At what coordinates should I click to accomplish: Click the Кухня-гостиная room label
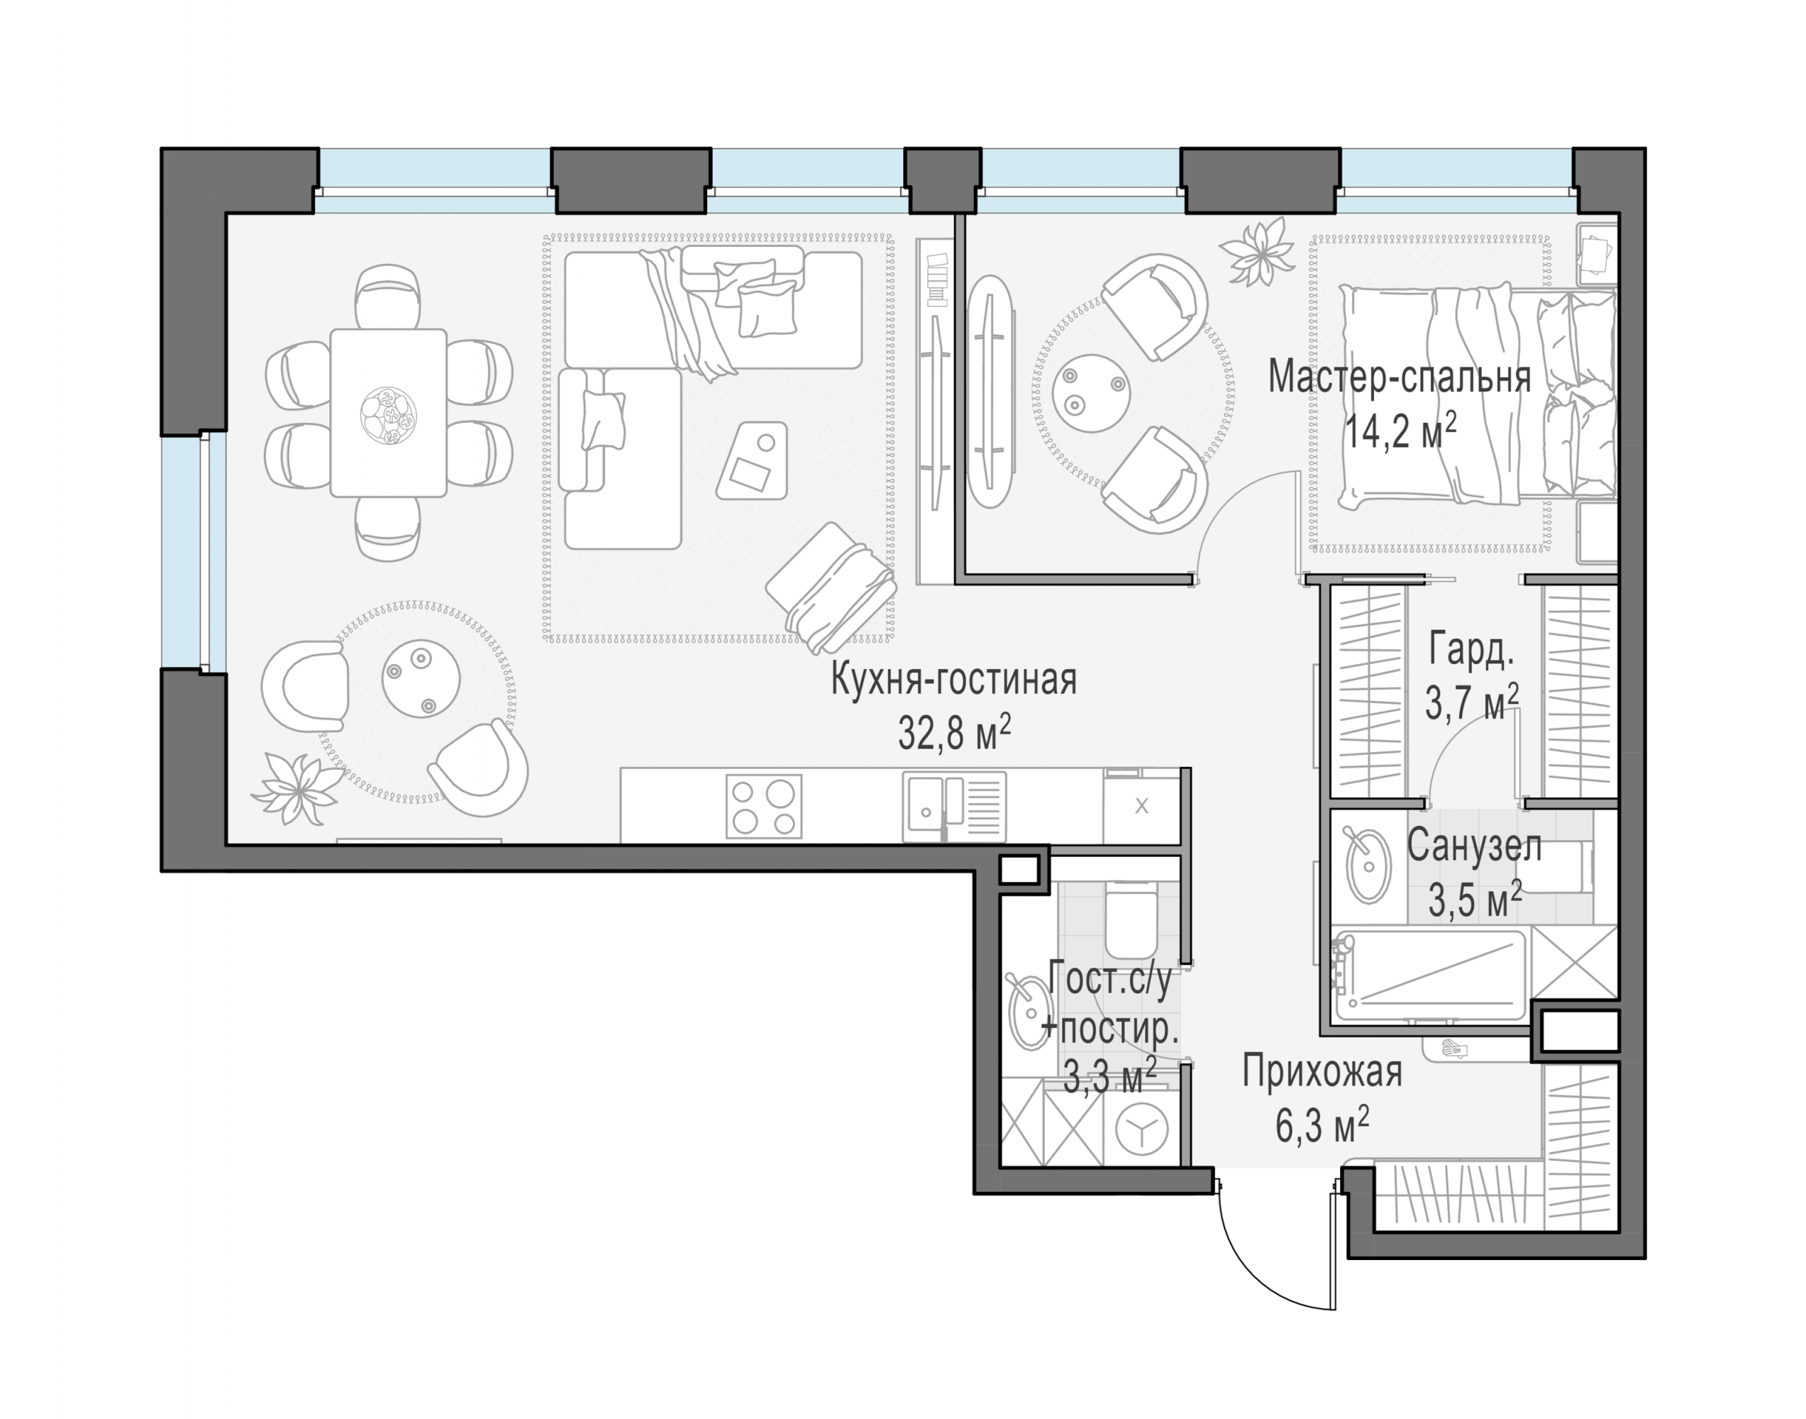pos(953,680)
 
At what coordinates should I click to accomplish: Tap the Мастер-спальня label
pos(1400,377)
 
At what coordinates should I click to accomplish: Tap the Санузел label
pos(1475,846)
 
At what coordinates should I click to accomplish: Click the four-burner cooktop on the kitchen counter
pos(764,806)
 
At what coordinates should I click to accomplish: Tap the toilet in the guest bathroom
pos(1131,919)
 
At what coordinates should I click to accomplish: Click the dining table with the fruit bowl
pos(389,413)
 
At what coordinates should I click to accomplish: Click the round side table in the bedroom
pos(1091,392)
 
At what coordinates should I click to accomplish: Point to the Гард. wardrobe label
pos(1471,651)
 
